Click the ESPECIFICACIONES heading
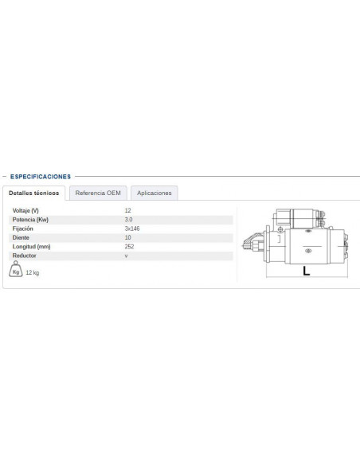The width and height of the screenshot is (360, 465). pyautogui.click(x=41, y=176)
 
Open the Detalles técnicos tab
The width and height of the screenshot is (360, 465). pyautogui.click(x=33, y=193)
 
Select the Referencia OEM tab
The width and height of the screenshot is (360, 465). pyautogui.click(x=98, y=193)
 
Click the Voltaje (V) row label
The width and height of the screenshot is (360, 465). pyautogui.click(x=25, y=210)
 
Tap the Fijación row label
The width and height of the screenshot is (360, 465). pyautogui.click(x=24, y=229)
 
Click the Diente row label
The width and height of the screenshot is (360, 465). pyautogui.click(x=22, y=237)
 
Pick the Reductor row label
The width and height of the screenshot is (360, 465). pyautogui.click(x=25, y=256)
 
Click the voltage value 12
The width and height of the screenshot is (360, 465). pyautogui.click(x=128, y=210)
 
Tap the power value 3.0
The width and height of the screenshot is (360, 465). pyautogui.click(x=129, y=219)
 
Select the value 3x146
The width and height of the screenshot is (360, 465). pyautogui.click(x=132, y=229)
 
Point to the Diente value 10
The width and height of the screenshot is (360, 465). pyautogui.click(x=128, y=237)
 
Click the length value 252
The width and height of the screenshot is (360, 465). pyautogui.click(x=130, y=247)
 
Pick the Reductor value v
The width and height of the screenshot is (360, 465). pyautogui.click(x=127, y=256)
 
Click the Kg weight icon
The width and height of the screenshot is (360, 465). pyautogui.click(x=16, y=272)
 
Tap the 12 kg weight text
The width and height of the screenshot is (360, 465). pyautogui.click(x=33, y=272)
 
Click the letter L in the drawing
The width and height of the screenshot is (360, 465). pyautogui.click(x=306, y=271)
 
